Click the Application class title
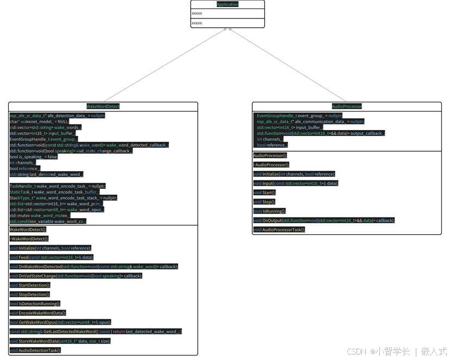click(227, 4)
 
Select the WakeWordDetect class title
click(103, 107)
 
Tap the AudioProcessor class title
click(346, 107)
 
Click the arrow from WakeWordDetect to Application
click(163, 65)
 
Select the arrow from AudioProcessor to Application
click(288, 65)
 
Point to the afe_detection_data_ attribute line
click(57, 116)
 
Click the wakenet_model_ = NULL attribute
click(39, 122)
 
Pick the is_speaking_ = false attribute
click(34, 157)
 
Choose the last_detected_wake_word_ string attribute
click(46, 175)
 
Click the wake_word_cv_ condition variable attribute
click(48, 221)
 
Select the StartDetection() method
click(30, 285)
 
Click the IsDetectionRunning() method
click(35, 303)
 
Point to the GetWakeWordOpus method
click(60, 322)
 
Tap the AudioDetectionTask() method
click(35, 350)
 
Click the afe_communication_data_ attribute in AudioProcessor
click(310, 122)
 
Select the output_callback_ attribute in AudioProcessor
click(321, 133)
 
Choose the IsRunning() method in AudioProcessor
click(270, 210)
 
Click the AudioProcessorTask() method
click(279, 229)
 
